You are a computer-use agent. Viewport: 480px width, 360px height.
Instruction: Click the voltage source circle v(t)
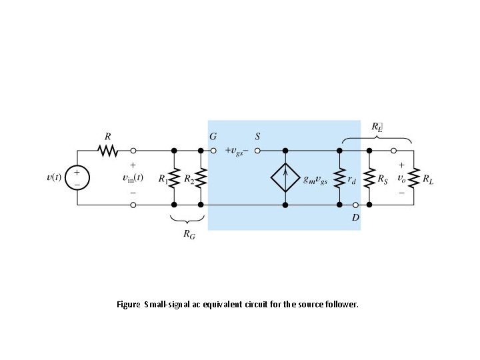77,178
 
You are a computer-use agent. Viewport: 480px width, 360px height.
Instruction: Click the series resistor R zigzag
107,151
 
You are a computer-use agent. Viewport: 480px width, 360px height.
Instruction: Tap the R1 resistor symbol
173,178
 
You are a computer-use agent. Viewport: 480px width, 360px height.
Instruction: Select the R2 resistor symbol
200,178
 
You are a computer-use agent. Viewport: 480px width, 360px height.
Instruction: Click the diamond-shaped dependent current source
285,178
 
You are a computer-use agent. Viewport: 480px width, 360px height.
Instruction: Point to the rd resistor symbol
339,178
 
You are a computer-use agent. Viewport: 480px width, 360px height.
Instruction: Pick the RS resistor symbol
369,178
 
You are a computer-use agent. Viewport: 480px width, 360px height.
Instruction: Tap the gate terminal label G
212,136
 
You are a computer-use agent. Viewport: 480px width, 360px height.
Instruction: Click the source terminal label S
257,136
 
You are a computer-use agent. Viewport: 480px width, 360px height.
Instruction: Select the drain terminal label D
355,217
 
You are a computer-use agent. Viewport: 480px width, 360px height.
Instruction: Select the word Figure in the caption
128,305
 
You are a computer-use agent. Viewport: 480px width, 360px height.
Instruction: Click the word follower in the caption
342,305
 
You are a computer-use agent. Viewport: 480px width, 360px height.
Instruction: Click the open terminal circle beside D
355,205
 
